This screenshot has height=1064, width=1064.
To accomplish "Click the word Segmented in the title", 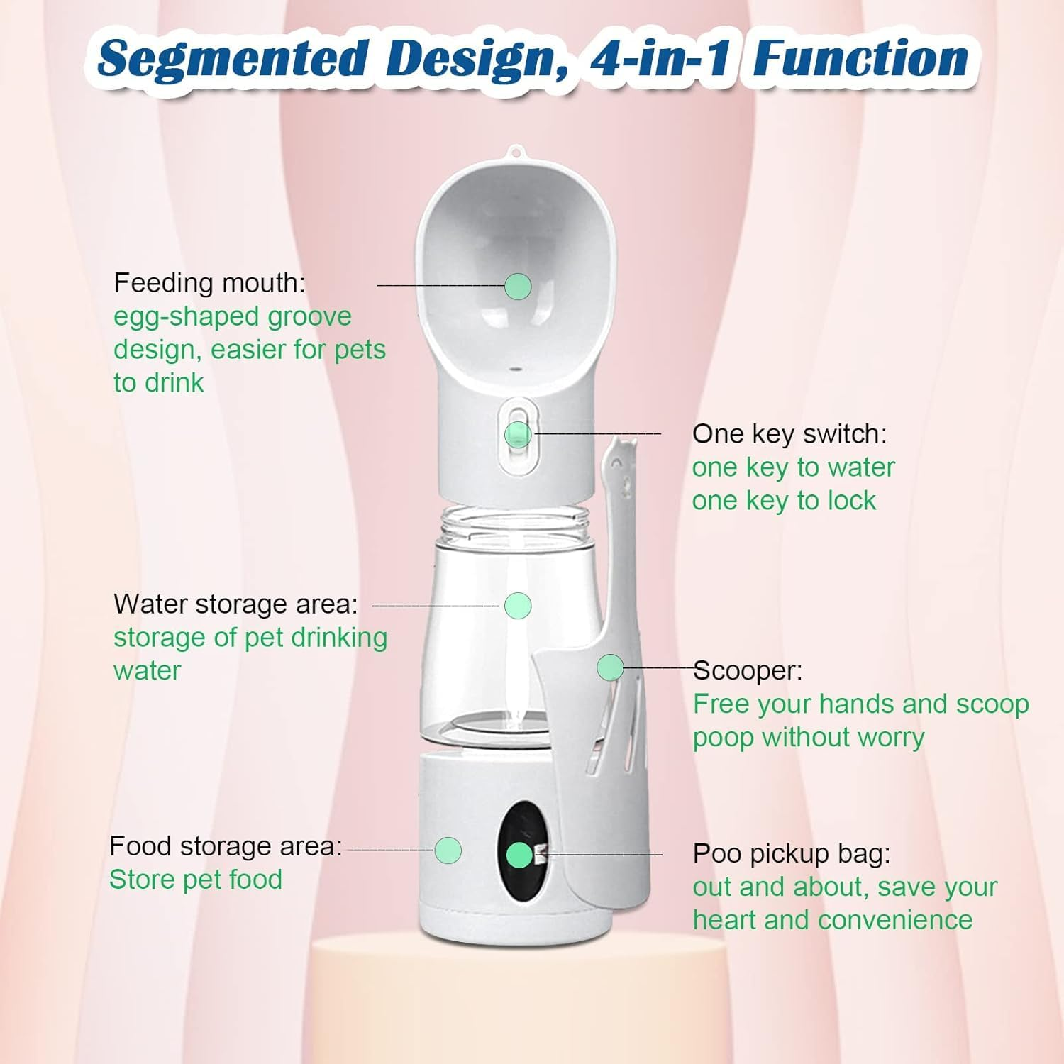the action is (x=233, y=60).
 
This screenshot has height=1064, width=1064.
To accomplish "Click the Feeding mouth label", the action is (x=209, y=282).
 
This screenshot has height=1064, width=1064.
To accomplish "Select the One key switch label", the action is (x=789, y=433).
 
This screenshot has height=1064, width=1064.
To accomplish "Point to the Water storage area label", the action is (x=235, y=604).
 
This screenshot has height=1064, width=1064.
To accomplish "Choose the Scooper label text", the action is (x=748, y=670).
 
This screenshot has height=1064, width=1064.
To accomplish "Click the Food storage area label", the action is (x=226, y=846).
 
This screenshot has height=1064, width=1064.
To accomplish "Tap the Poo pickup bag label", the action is (x=791, y=853).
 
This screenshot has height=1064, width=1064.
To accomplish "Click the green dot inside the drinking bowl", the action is (x=518, y=286).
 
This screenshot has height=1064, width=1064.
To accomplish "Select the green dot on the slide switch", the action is (x=518, y=434).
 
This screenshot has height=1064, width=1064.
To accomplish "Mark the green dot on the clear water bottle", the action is (x=518, y=605).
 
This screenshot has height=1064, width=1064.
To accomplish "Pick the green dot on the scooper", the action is (x=610, y=667).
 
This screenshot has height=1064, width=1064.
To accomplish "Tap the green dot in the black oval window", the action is (x=520, y=855).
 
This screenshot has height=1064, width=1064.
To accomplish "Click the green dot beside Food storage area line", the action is (x=448, y=850).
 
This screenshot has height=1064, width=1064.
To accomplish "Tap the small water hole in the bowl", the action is (x=515, y=369).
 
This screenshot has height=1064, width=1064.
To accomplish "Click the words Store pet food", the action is (x=196, y=880).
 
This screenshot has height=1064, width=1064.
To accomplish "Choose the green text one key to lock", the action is (x=784, y=501).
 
